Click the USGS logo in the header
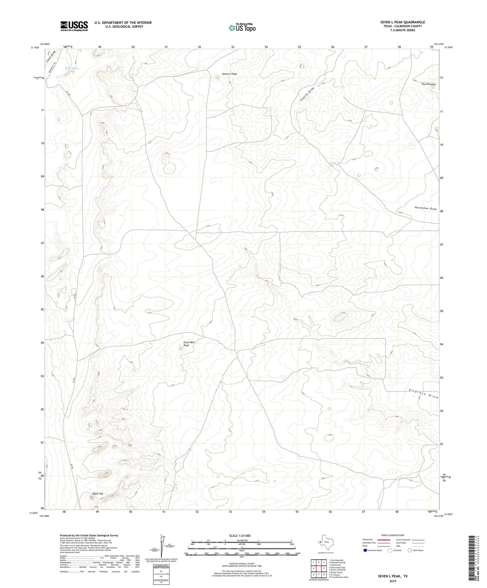(74, 26)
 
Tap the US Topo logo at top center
(242, 28)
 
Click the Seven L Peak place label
(230, 74)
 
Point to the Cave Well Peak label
(189, 344)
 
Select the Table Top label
(98, 494)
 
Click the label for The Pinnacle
(428, 84)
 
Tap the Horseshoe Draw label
(425, 208)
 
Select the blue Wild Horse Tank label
(72, 70)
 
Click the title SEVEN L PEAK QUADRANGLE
(402, 22)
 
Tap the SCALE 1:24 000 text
(240, 536)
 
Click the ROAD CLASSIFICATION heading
(393, 535)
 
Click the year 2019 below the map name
(393, 581)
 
